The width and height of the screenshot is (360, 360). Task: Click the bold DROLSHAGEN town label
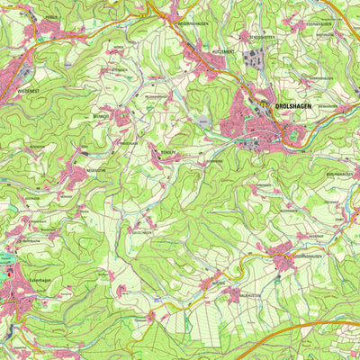(x=292, y=108)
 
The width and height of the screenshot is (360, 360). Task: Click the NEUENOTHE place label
(x=96, y=168)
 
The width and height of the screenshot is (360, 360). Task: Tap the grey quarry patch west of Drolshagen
(x=206, y=120)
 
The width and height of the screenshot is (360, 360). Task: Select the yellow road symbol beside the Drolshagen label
(x=269, y=108)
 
